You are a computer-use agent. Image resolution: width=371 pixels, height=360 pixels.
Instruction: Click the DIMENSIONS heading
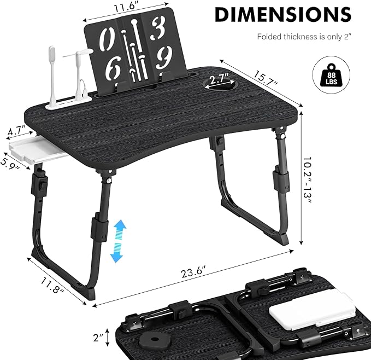[x=282, y=15]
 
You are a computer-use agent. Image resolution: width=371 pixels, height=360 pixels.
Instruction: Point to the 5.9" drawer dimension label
[x=10, y=162]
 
